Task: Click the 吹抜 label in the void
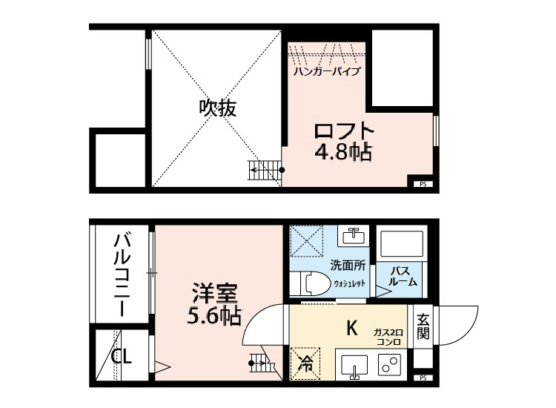point(217,108)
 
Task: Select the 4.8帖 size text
point(342,154)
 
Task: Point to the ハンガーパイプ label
point(326,72)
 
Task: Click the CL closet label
point(122,358)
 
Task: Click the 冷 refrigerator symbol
point(305,363)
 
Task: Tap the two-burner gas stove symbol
point(389,366)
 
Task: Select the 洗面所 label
point(348,266)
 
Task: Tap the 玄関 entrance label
point(423,326)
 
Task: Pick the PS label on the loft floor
point(423,184)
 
